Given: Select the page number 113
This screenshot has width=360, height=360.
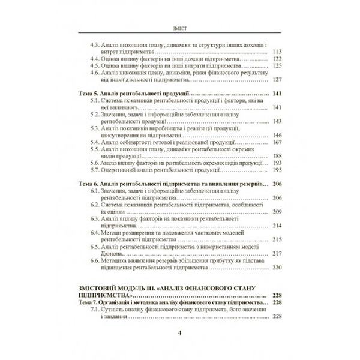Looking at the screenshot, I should [x=277, y=52].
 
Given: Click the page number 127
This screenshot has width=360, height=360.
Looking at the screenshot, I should [x=277, y=80].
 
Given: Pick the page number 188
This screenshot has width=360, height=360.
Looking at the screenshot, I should [x=277, y=156].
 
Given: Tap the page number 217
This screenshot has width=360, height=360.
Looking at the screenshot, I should [x=277, y=253].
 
